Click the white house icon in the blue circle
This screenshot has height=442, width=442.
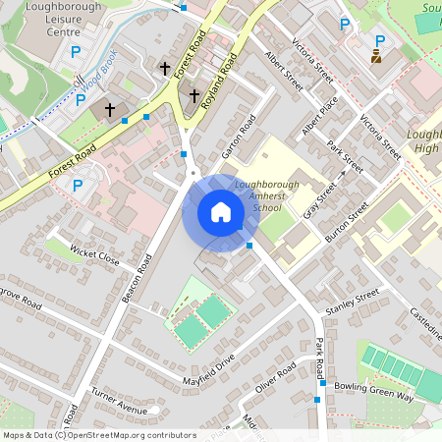coord(221,212)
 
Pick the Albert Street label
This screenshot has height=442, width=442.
coord(284,72)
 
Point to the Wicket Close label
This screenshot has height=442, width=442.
coord(95,258)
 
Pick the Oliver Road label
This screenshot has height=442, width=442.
coord(276,376)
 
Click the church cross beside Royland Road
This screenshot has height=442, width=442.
coord(193,96)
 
